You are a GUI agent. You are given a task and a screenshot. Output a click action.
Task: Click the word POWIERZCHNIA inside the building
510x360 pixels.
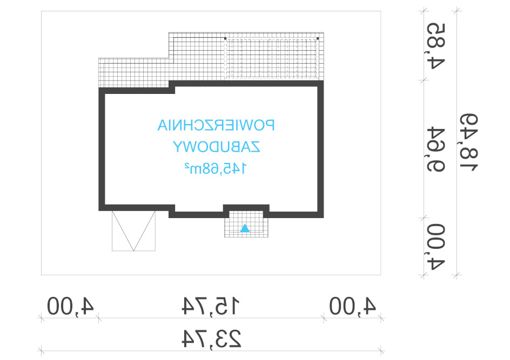216,125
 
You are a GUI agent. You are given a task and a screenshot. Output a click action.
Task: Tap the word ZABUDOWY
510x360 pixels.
216,147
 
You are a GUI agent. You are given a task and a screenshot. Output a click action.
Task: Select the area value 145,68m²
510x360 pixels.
216,168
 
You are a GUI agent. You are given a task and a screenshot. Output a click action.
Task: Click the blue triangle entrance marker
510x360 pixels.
245,228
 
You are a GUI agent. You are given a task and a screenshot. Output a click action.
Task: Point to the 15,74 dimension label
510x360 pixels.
211,306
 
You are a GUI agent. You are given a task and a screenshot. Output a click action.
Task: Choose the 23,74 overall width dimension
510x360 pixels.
211,338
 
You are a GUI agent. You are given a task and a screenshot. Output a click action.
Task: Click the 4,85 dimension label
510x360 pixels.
436,46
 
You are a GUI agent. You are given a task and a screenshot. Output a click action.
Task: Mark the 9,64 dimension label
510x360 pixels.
436,150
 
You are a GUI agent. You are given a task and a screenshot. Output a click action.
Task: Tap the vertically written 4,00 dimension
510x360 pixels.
436,247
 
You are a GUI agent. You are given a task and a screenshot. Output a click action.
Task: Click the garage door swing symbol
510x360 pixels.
133,230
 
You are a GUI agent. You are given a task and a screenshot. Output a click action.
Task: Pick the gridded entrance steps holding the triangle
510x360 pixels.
246,224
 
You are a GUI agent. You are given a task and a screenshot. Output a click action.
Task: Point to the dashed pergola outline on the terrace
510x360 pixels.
272,58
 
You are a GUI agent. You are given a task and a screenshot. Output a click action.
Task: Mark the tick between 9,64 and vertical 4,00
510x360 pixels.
423,218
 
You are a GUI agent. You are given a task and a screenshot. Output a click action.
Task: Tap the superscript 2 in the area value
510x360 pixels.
187,165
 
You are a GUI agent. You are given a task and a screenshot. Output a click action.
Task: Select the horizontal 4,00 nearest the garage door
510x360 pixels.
70,306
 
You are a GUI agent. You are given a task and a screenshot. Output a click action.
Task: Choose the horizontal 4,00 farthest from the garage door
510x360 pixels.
353,306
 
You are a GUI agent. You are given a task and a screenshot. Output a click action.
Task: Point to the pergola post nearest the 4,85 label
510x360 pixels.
318,39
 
